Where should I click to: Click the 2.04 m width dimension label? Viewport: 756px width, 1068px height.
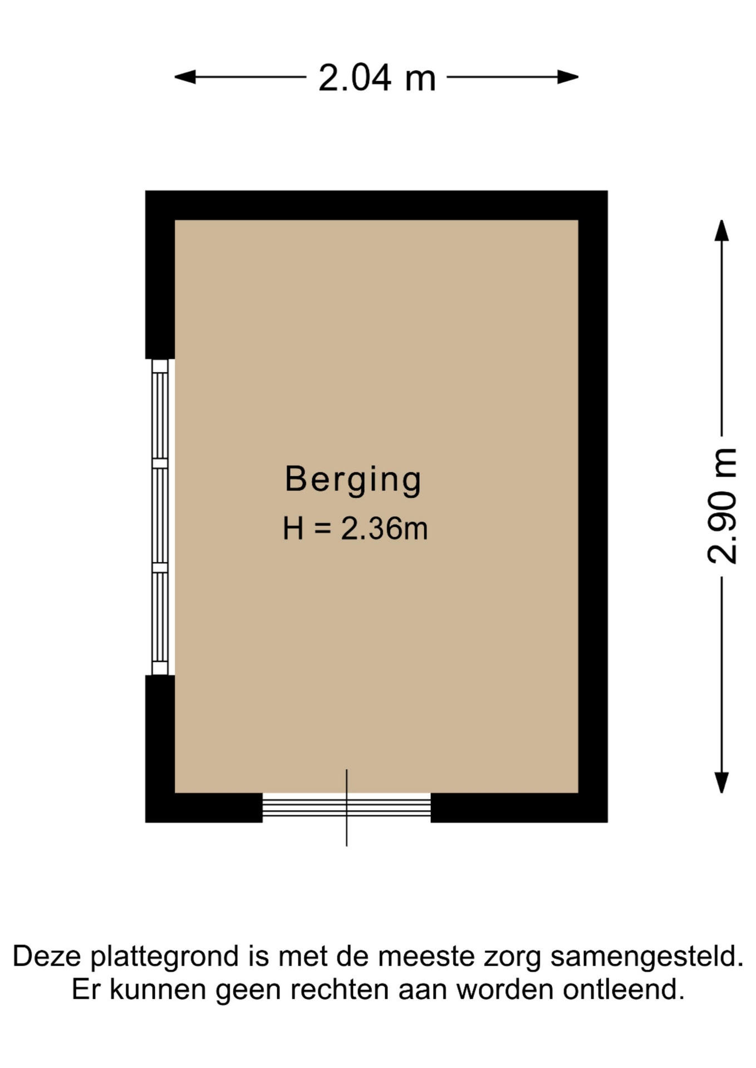(x=377, y=77)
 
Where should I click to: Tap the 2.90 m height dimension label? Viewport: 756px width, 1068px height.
(x=722, y=505)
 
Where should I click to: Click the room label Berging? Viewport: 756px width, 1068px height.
(x=354, y=479)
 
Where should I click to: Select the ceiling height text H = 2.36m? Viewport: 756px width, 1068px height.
(x=355, y=528)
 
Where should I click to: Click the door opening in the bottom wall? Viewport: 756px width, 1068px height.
(x=346, y=807)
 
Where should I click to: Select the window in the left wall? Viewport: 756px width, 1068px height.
(x=160, y=517)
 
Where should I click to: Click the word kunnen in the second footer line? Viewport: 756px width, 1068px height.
(x=158, y=990)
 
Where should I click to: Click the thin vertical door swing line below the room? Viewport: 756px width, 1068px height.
(x=347, y=808)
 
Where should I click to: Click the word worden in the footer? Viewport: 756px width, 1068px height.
(x=505, y=990)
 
